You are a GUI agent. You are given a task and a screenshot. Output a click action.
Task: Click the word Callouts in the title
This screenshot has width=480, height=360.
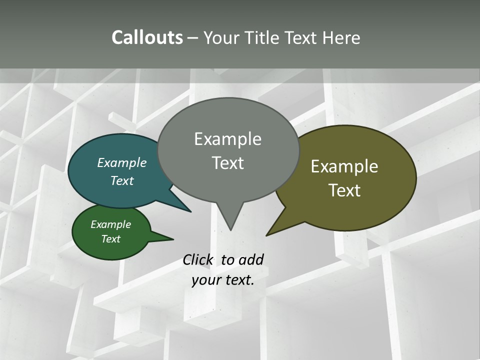point(147,37)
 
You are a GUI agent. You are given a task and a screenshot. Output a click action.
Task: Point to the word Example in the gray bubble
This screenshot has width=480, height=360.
point(227,139)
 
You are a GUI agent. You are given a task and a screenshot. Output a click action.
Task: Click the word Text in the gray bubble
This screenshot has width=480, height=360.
point(227,163)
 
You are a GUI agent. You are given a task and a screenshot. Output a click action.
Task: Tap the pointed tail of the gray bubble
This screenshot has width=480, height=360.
point(230,227)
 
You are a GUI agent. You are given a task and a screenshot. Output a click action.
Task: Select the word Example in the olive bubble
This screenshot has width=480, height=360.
point(344,166)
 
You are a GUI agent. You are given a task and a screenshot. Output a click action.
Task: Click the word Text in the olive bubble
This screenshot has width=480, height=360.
point(344,190)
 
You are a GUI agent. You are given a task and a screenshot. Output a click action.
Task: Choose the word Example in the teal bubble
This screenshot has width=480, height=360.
point(121,163)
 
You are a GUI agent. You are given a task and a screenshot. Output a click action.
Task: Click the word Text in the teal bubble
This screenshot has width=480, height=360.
point(121,180)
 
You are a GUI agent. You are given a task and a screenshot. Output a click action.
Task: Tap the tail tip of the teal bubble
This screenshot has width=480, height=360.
point(190,211)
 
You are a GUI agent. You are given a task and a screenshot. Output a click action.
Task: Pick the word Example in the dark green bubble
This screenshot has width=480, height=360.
point(110,224)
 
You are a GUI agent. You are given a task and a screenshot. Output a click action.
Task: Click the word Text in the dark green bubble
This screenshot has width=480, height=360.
point(110,239)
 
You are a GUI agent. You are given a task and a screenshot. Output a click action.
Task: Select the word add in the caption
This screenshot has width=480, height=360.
point(250,259)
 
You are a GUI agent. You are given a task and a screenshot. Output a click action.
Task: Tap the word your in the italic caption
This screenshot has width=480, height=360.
point(206,280)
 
